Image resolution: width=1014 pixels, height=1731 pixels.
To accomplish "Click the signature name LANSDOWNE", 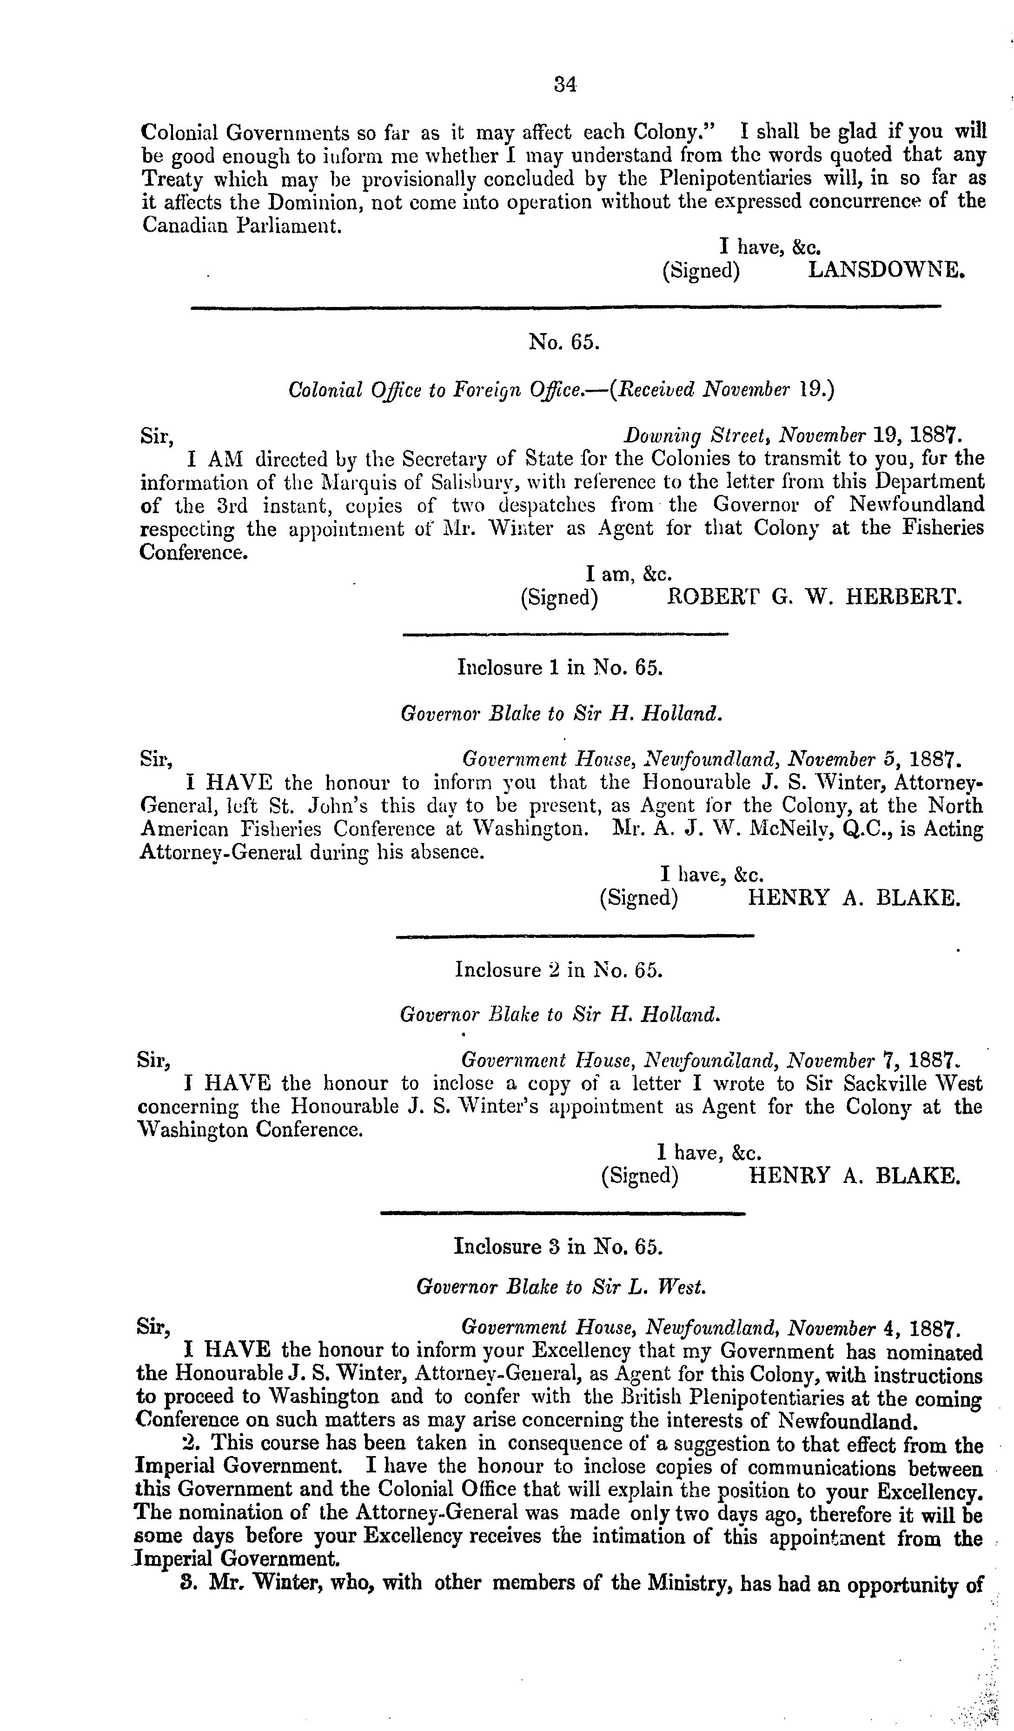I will pos(886,270).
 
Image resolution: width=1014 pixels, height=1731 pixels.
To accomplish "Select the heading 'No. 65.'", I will pos(563,341).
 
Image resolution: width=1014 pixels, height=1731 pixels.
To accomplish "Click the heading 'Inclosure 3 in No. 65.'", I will pos(558,1246).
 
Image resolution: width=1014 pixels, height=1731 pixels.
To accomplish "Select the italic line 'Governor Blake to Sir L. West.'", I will pos(561,1287).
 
